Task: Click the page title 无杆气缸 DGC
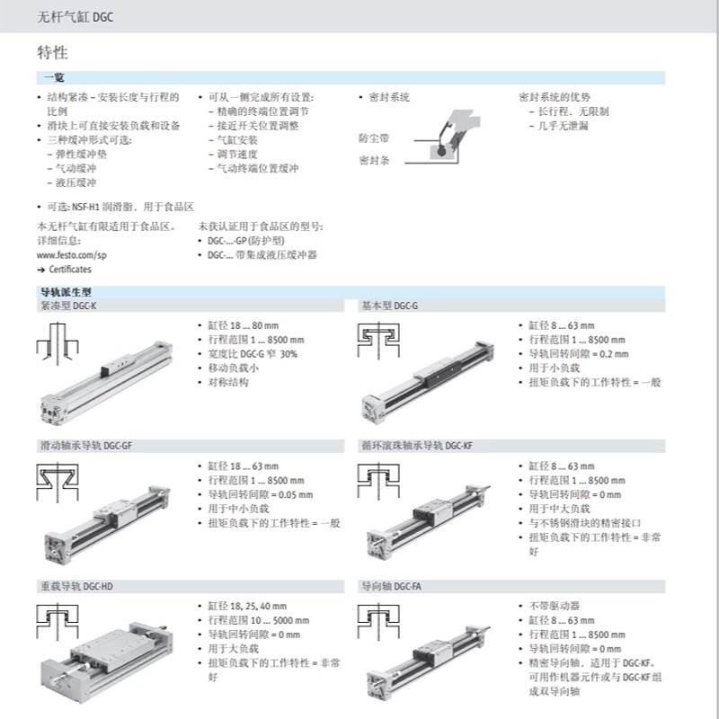point(75,17)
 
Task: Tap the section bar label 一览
point(53,79)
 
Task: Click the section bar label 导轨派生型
point(66,292)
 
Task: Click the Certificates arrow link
point(64,269)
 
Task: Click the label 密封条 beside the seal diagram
point(373,160)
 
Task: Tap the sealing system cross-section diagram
point(449,132)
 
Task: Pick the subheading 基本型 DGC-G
point(389,306)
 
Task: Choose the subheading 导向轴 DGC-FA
point(391,587)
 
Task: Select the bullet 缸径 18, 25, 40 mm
point(248,606)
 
